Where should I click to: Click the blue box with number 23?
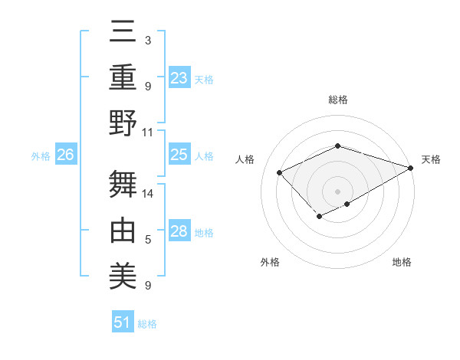[179, 77]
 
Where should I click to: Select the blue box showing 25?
[179, 155]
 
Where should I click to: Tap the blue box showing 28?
[179, 231]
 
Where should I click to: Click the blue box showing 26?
[66, 155]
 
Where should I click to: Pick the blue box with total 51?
[123, 322]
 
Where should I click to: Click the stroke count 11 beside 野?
[148, 132]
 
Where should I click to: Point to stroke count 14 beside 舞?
[148, 193]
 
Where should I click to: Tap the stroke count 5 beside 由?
[148, 240]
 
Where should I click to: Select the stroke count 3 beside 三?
[148, 40]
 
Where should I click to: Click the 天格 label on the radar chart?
[431, 159]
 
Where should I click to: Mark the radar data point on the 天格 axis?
[412, 168]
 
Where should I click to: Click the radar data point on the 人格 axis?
[280, 172]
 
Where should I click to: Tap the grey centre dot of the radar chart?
[337, 191]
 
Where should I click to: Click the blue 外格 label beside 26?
[41, 156]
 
